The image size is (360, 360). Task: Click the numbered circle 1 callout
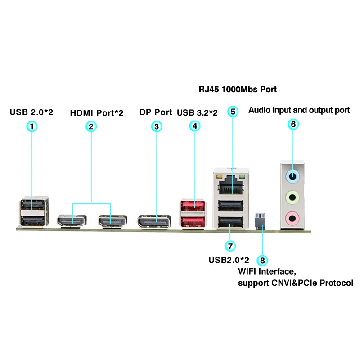coord(31,126)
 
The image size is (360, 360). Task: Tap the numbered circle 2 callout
coord(91,126)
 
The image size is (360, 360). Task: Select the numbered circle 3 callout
coord(156,126)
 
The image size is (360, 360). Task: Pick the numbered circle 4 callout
coord(194,126)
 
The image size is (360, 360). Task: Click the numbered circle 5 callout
coord(232,111)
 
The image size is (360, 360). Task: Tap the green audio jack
coord(293,197)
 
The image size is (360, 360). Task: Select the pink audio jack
coord(293,218)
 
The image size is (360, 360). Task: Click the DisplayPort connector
coord(156,221)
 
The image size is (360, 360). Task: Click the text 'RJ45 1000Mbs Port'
coord(238,89)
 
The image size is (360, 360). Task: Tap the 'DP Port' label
coord(156,112)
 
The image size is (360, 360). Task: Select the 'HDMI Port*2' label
coord(96,112)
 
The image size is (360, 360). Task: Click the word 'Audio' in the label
coord(260,110)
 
